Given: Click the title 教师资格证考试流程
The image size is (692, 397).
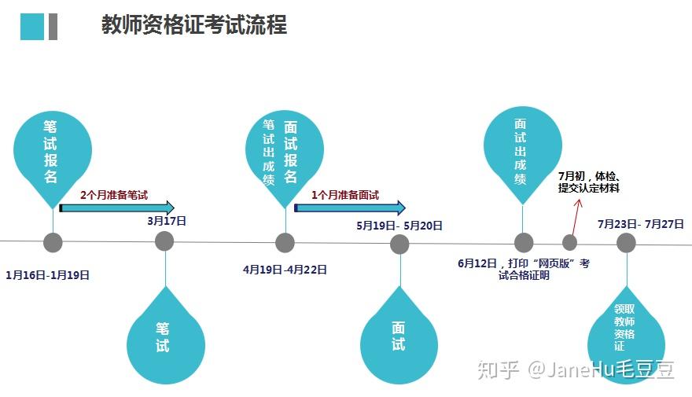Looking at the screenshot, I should pos(194,24).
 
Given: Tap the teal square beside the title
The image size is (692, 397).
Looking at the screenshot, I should pos(32,26).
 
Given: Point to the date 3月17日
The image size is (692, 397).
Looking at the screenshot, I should pos(167,221).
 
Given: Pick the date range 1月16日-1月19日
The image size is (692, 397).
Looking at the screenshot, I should pos(47,275).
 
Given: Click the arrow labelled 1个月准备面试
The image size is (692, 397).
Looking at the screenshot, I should pos(349,208).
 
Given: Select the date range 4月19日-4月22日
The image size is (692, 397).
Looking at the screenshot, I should pos(285,270).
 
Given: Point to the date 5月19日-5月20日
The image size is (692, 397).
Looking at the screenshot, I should pos(399,226).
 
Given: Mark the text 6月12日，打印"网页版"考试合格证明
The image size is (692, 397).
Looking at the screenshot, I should pos(523,269).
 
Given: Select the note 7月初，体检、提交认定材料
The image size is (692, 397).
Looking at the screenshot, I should pos(589,182).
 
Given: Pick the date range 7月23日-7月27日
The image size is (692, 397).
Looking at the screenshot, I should pos(640,224).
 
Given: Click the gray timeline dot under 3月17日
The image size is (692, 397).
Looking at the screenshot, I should pos(164,241).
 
